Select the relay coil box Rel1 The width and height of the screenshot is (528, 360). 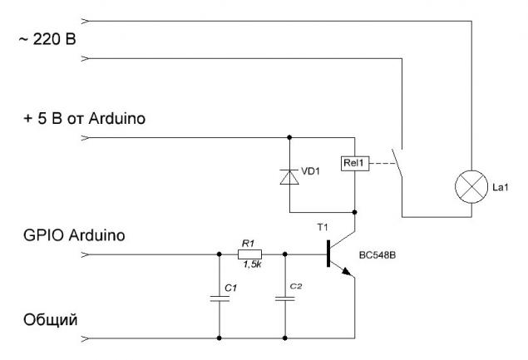point(355,164)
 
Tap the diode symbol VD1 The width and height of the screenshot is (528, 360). point(289,177)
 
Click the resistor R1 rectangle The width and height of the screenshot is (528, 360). point(249,254)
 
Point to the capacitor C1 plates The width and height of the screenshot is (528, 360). point(220,298)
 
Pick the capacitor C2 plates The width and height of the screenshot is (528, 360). point(285,298)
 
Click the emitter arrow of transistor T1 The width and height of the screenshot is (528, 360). point(347,271)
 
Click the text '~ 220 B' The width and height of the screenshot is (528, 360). point(47,40)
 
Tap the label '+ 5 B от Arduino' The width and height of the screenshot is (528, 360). point(84,119)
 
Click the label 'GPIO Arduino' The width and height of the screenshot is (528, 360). point(74,235)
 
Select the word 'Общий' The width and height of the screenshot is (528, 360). point(50,320)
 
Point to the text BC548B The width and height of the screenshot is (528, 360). point(377,255)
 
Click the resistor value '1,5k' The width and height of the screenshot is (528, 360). point(252,264)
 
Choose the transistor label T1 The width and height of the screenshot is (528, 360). point(323,228)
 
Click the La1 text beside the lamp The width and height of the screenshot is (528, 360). point(501,187)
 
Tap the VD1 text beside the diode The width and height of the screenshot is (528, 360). point(310,171)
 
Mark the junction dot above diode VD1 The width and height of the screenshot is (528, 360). point(289,137)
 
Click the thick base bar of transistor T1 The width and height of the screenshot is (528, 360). point(328,254)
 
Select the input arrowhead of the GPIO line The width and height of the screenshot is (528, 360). point(86,254)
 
